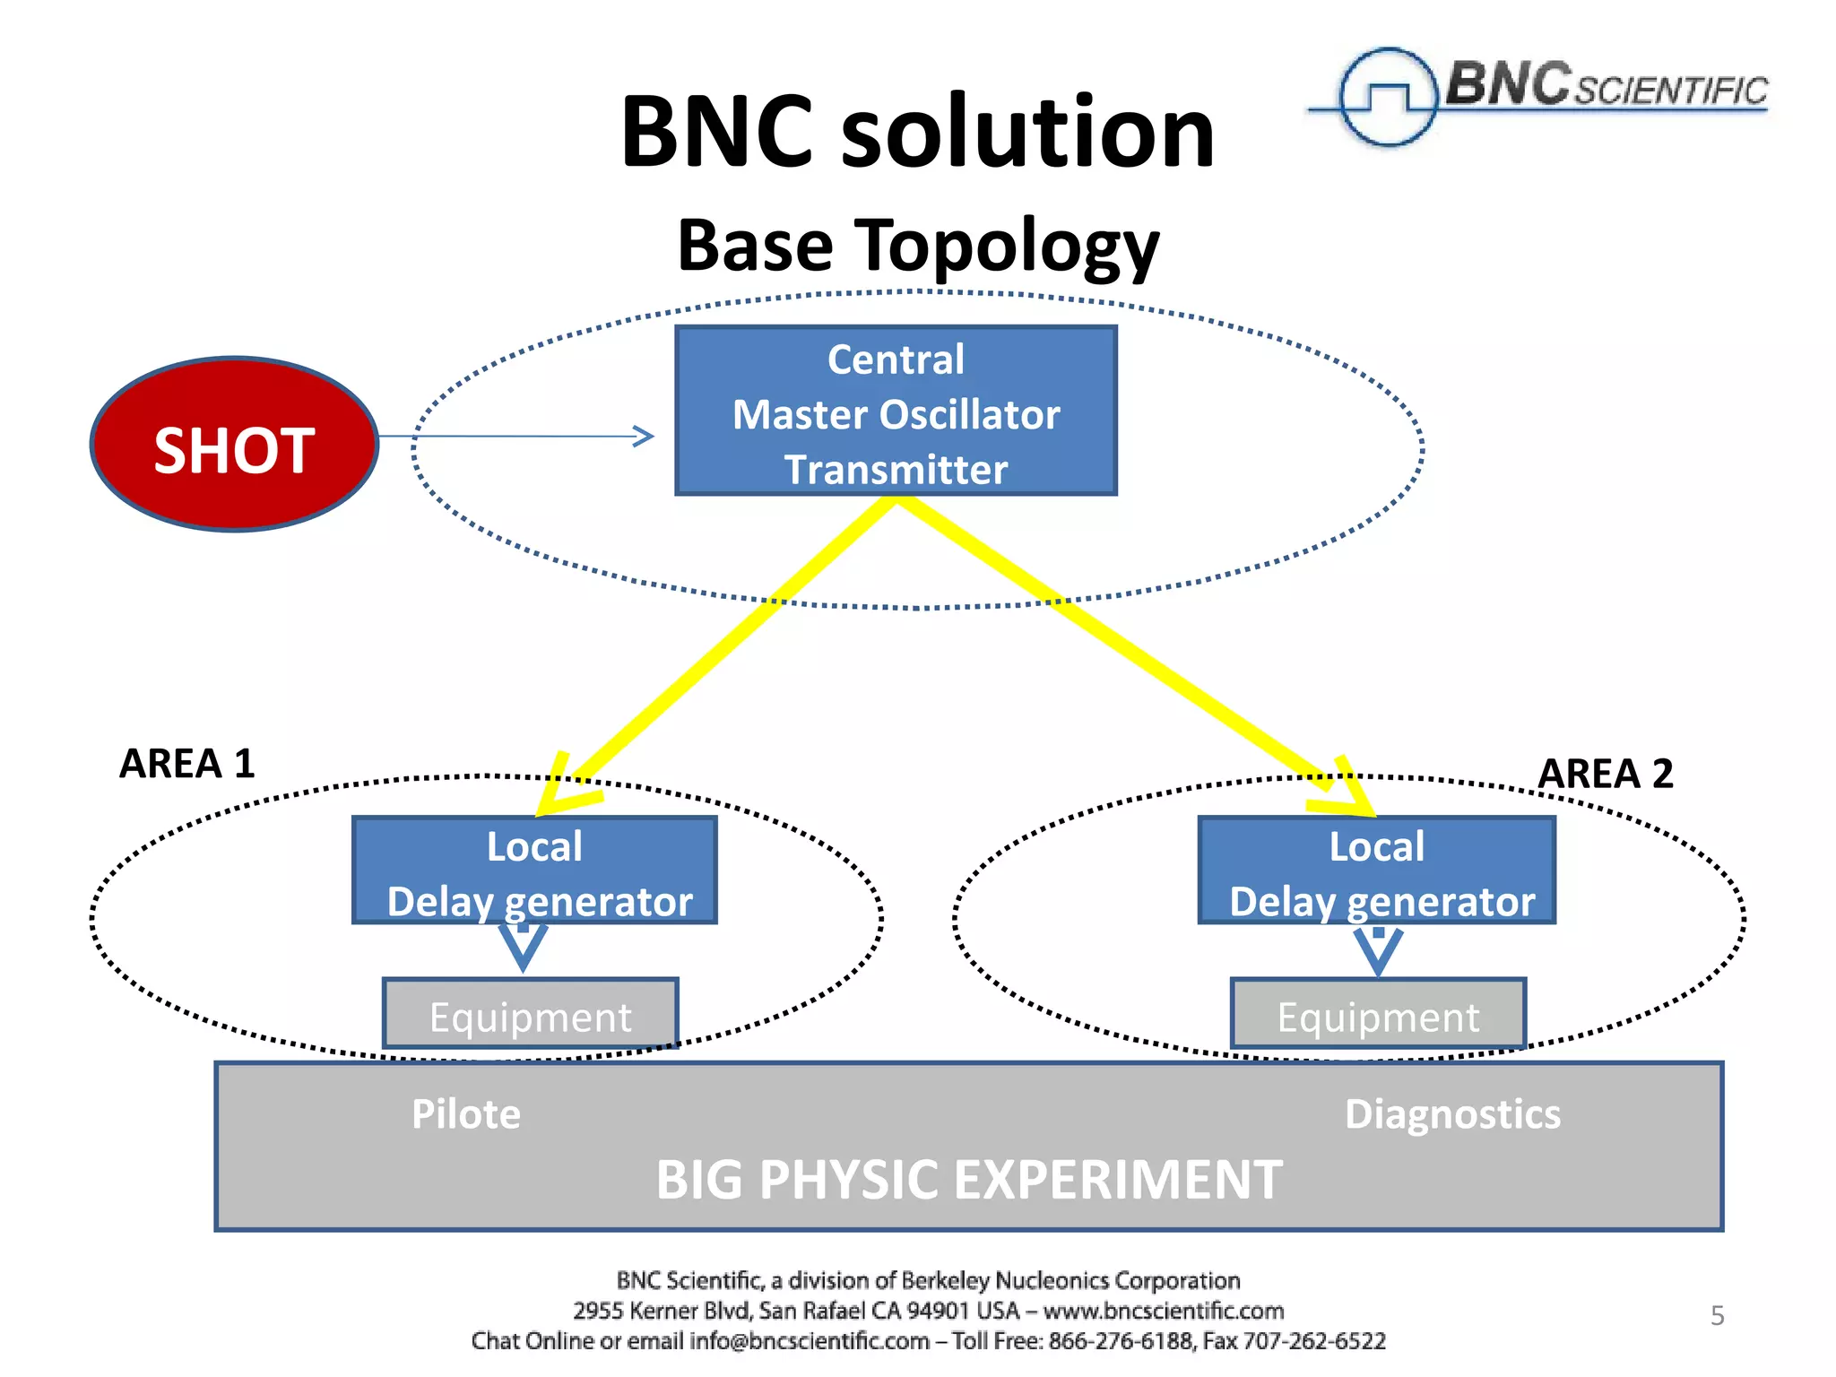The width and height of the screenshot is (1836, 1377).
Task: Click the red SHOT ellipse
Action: pyautogui.click(x=234, y=445)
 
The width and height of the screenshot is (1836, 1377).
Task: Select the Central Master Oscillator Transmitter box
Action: pyautogui.click(x=896, y=411)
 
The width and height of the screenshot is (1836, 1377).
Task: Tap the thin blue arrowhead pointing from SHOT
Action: pyautogui.click(x=644, y=437)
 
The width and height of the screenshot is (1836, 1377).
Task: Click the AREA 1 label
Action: pyautogui.click(x=187, y=764)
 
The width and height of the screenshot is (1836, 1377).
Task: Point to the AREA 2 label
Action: pyautogui.click(x=1606, y=774)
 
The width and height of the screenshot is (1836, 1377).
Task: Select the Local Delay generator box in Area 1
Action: pyautogui.click(x=535, y=870)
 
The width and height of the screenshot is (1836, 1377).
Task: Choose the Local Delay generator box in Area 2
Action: pyautogui.click(x=1377, y=870)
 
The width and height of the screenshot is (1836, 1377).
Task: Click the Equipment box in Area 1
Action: pyautogui.click(x=531, y=1014)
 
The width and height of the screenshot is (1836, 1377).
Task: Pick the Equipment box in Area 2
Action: pyautogui.click(x=1378, y=1014)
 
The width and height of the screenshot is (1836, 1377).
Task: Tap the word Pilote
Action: pyautogui.click(x=466, y=1114)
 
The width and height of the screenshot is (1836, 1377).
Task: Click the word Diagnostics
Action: pyautogui.click(x=1452, y=1114)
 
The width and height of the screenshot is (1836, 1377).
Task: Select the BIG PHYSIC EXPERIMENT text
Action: pyautogui.click(x=969, y=1179)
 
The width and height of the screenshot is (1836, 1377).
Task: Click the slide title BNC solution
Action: pyautogui.click(x=917, y=132)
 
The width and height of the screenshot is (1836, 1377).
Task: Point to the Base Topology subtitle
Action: pyautogui.click(x=918, y=246)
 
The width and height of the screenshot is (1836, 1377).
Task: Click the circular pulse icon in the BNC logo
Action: pyautogui.click(x=1387, y=96)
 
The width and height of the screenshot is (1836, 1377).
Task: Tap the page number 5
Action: pyautogui.click(x=1717, y=1315)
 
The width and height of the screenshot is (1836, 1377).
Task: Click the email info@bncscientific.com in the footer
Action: pyautogui.click(x=809, y=1341)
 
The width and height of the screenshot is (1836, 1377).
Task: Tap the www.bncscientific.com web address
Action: pyautogui.click(x=1164, y=1311)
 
